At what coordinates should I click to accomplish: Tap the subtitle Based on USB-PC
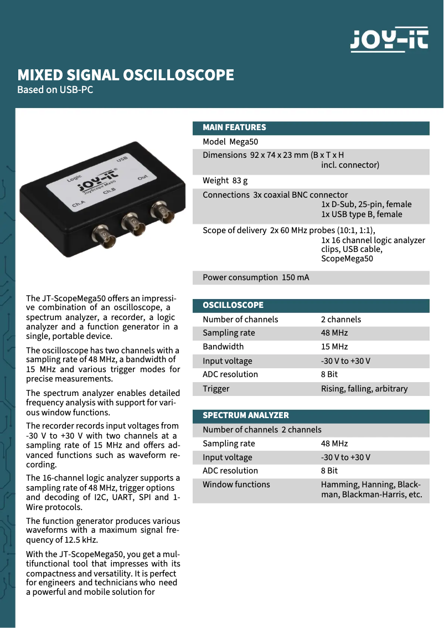pyautogui.click(x=55, y=89)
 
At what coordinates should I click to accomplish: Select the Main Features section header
pyautogui.click(x=235, y=127)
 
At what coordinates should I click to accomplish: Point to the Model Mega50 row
pyautogui.click(x=230, y=142)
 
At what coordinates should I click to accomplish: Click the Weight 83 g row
pyautogui.click(x=225, y=181)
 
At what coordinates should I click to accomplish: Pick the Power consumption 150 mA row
pyautogui.click(x=256, y=277)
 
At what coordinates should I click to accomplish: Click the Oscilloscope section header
pyautogui.click(x=233, y=305)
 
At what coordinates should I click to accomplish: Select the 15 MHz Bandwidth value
pyautogui.click(x=334, y=347)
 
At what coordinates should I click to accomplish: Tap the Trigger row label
pyautogui.click(x=216, y=389)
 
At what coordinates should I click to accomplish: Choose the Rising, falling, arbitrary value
pyautogui.click(x=364, y=389)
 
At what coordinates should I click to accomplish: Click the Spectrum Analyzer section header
pyautogui.click(x=246, y=415)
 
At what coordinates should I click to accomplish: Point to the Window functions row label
pyautogui.click(x=236, y=485)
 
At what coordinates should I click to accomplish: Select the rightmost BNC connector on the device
pyautogui.click(x=163, y=211)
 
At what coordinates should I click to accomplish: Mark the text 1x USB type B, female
pyautogui.click(x=362, y=214)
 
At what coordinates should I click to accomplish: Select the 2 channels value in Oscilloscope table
pyautogui.click(x=341, y=320)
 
